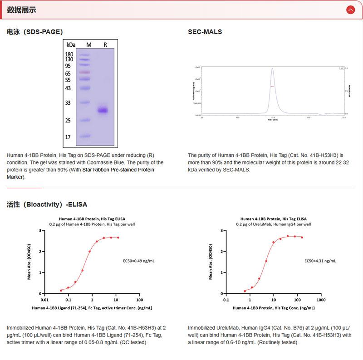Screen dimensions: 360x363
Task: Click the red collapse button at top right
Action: pyautogui.click(x=350, y=10)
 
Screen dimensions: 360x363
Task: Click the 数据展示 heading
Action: pyautogui.click(x=21, y=10)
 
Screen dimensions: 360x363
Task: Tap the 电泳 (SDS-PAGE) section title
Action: pyautogui.click(x=35, y=32)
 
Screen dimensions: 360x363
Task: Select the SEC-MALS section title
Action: pyautogui.click(x=205, y=32)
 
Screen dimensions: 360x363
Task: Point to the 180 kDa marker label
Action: pyautogui.click(x=69, y=54)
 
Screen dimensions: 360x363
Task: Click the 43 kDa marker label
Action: pyautogui.click(x=68, y=88)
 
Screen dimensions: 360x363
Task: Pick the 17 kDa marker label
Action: pyautogui.click(x=68, y=136)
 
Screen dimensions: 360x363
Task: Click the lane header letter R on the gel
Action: pyautogui.click(x=105, y=44)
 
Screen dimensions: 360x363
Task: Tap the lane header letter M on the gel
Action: pyautogui.click(x=89, y=44)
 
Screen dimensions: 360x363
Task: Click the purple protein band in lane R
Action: pyautogui.click(x=103, y=110)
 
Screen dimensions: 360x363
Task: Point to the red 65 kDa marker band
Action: pyautogui.click(x=85, y=73)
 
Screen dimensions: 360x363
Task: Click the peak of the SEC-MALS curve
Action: pyautogui.click(x=272, y=69)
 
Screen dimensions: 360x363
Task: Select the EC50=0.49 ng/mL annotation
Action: pyautogui.click(x=139, y=261)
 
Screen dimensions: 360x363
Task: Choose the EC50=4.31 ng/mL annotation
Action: pyautogui.click(x=319, y=261)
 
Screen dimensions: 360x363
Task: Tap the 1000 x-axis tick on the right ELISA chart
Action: pyautogui.click(x=321, y=300)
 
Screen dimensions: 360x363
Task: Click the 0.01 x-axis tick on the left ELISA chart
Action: pyautogui.click(x=44, y=300)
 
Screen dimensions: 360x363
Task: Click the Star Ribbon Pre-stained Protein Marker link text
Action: pyautogui.click(x=118, y=170)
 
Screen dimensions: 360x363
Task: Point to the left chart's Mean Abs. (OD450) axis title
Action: pyautogui.click(x=29, y=262)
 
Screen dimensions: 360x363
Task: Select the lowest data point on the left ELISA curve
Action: pyautogui.click(x=61, y=290)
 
